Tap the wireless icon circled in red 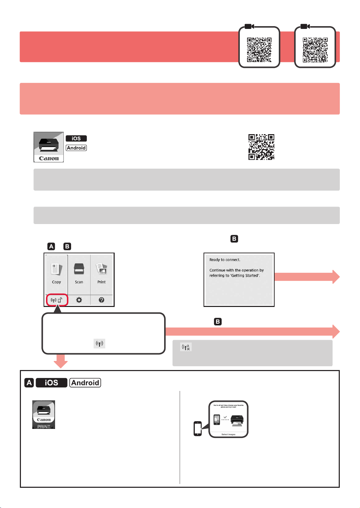coord(56,300)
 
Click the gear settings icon coord(79,300)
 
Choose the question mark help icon coord(101,300)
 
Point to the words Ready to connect coord(225,260)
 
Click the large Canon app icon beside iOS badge coord(48,147)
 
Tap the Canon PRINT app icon coord(44,415)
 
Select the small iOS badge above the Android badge coord(76,138)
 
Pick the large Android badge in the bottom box coord(85,383)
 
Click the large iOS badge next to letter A coord(52,383)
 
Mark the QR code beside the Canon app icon coord(261,147)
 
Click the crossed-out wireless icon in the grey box coord(186,347)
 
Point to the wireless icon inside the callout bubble coord(100,344)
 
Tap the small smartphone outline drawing coord(198,429)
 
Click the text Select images coord(229,434)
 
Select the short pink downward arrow coord(61,361)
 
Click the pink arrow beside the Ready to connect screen coord(307,277)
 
